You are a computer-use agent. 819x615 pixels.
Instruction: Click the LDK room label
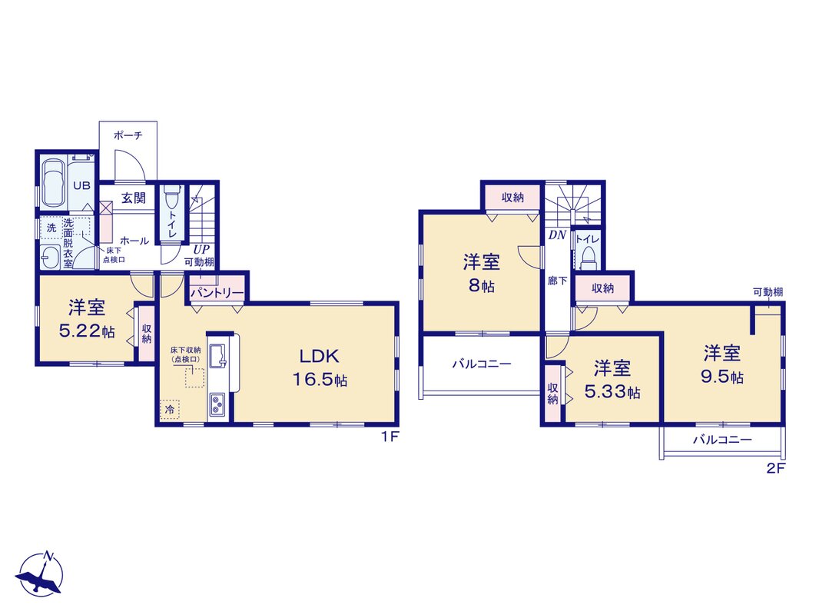[319, 357]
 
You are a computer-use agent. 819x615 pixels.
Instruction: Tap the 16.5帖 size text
[320, 380]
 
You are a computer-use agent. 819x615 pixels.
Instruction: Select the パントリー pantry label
[217, 293]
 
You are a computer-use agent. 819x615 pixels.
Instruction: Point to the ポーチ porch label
[128, 135]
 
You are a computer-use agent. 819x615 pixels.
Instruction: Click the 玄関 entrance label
[134, 198]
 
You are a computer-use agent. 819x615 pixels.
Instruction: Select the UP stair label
[201, 250]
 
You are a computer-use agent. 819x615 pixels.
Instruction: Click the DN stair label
[557, 235]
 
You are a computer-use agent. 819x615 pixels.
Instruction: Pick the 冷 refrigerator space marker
[170, 410]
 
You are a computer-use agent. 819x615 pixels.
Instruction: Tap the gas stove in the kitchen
[217, 405]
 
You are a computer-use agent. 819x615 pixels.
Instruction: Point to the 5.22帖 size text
[88, 332]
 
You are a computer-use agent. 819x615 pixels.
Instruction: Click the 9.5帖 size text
[722, 377]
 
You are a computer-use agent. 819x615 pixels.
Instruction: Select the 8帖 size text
[481, 286]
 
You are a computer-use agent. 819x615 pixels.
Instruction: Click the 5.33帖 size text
[612, 391]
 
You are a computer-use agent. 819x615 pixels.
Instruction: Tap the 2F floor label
[776, 468]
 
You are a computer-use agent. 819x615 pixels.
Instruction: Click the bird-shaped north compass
[41, 573]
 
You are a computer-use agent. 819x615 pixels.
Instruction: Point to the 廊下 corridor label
[557, 281]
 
